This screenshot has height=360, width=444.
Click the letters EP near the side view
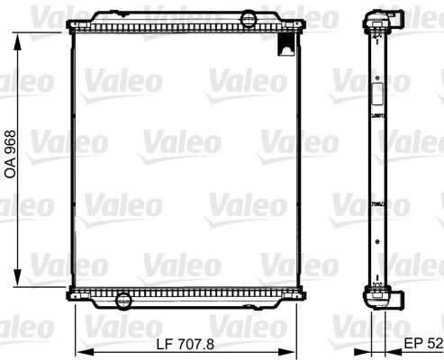pos(412,344)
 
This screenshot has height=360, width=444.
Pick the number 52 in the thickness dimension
pos(434,344)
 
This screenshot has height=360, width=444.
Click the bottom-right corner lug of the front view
pos(302,294)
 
